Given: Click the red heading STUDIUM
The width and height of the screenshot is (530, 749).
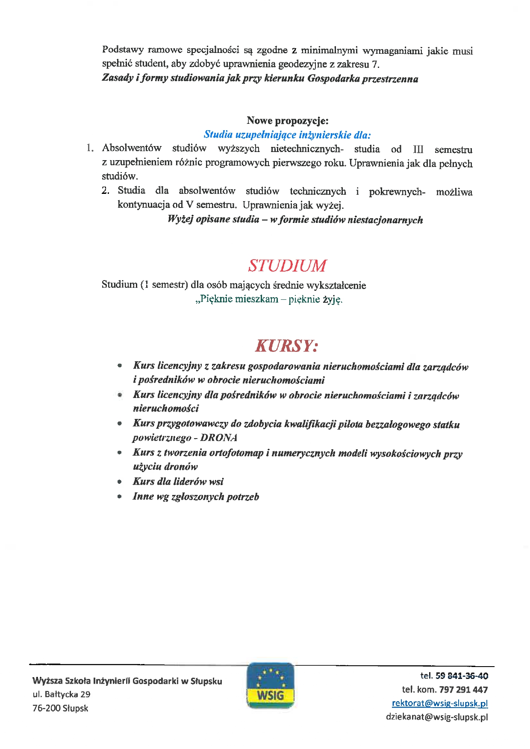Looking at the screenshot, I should tap(287, 266).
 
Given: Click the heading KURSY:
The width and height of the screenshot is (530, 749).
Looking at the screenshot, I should tap(286, 346).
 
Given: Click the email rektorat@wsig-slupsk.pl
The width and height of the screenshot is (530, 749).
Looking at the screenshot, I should tap(440, 703).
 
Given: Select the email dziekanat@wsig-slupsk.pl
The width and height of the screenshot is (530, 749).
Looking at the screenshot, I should tap(437, 717).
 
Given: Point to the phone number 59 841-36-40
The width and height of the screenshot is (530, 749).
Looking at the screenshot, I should tap(462, 676).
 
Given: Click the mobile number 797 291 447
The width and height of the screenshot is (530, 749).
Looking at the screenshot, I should tap(463, 690).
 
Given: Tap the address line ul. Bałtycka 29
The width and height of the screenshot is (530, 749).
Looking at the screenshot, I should tap(62, 694).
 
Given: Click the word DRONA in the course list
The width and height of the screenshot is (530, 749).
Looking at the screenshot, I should tap(219, 438).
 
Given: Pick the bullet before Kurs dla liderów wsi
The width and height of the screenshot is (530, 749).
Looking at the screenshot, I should tap(120, 482).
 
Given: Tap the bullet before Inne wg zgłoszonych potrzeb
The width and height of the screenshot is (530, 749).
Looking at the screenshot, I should tap(120, 497).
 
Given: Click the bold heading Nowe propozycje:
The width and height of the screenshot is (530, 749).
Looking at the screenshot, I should tap(287, 121).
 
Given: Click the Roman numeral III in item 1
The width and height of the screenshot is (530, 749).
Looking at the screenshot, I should tap(418, 149).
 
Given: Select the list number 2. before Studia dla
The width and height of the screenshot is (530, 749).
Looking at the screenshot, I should tap(106, 191).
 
